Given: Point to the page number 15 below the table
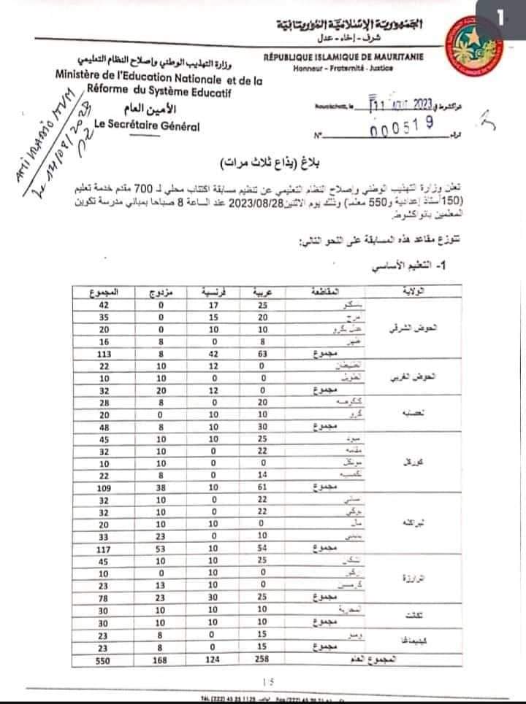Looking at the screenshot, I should click(264, 682).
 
